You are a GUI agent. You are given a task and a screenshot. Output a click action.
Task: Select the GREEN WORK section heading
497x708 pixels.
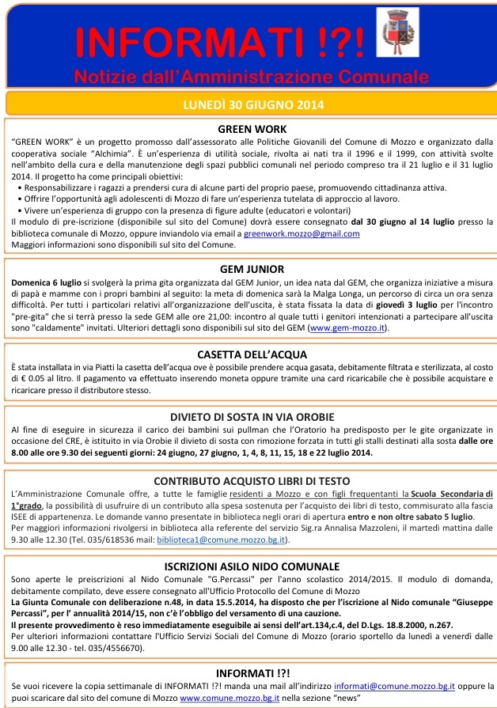(251, 129)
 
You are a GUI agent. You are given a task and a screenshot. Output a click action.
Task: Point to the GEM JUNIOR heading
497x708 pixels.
(251, 269)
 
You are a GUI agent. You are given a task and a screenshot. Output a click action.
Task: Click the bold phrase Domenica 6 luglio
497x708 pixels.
(44, 282)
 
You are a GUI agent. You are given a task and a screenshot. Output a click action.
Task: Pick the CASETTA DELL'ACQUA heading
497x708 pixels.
(250, 354)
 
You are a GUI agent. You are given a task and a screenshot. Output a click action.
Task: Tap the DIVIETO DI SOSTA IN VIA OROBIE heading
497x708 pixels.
(250, 416)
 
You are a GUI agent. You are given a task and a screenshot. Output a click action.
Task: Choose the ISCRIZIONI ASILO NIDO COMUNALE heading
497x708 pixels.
(250, 566)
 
